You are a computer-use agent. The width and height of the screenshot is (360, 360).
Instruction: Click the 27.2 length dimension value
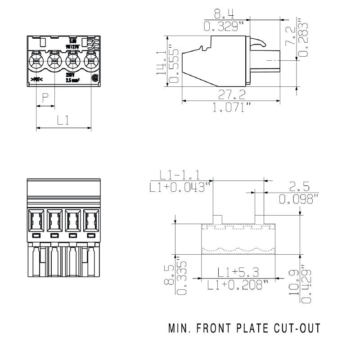click(x=232, y=95)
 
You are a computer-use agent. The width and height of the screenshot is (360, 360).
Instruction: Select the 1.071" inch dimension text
click(x=232, y=108)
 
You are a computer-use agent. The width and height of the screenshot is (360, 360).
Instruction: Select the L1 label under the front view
click(x=63, y=120)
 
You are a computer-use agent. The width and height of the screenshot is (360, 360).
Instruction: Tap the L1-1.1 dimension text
click(x=180, y=175)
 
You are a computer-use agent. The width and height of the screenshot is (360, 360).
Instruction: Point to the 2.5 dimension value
click(x=299, y=186)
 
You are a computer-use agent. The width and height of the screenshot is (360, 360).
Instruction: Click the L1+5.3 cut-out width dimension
click(x=238, y=272)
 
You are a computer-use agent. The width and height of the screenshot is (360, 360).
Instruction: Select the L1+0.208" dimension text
click(x=238, y=284)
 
